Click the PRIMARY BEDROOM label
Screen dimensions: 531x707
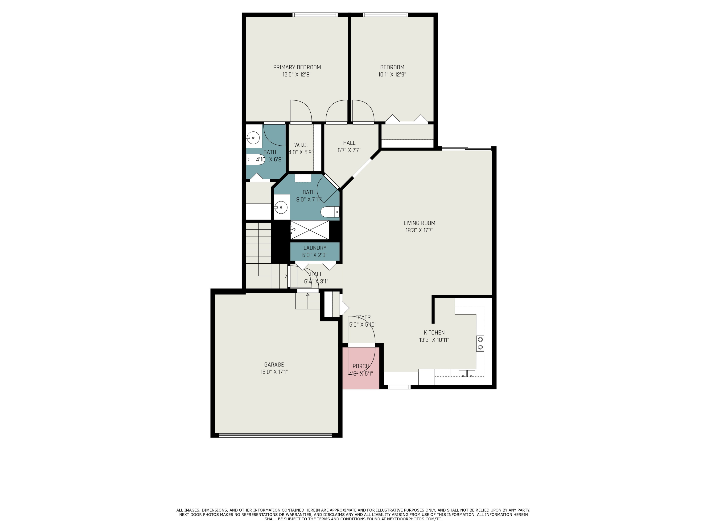pos(297,67)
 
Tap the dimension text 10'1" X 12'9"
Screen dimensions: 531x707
pos(392,75)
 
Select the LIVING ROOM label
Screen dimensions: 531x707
pos(419,223)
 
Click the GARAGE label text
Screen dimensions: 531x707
pos(274,365)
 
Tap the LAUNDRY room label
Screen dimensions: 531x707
pos(315,248)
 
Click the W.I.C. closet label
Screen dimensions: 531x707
pos(300,145)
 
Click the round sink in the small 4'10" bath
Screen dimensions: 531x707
pos(253,138)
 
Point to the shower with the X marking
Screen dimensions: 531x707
pos(309,230)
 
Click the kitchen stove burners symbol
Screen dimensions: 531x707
pos(480,343)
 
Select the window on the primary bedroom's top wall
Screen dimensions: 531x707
pos(315,14)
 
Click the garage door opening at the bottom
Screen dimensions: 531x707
pos(275,435)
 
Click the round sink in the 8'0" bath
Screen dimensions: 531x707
pos(281,207)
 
